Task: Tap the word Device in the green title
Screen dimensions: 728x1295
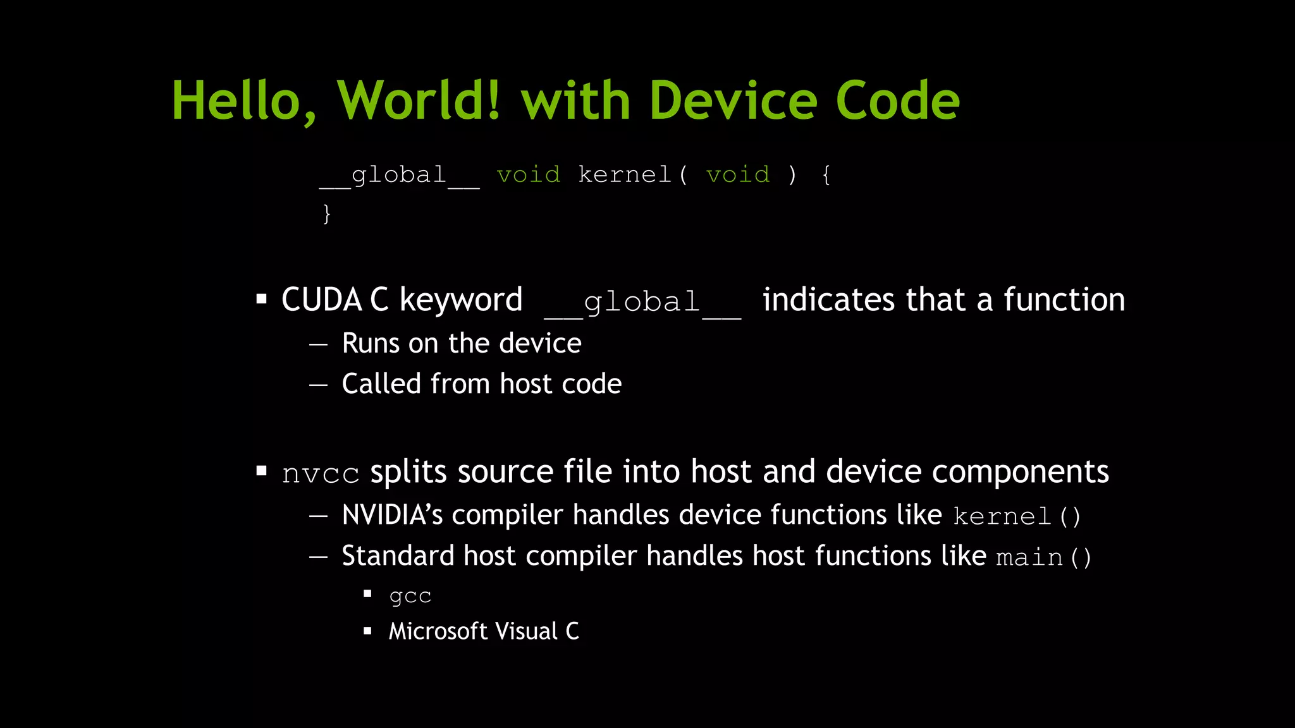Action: pos(733,101)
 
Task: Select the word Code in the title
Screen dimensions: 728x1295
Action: pos(897,101)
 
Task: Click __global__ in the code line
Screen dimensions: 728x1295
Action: pos(399,176)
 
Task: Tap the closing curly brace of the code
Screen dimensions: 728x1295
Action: pos(326,214)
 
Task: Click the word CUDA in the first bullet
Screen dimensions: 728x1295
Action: pos(321,300)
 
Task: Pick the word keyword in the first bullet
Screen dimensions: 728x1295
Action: pos(461,301)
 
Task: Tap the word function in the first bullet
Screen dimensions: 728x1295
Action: pos(1064,300)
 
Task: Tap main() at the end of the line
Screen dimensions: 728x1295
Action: pos(1043,557)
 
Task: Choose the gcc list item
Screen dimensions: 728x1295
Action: pos(410,596)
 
